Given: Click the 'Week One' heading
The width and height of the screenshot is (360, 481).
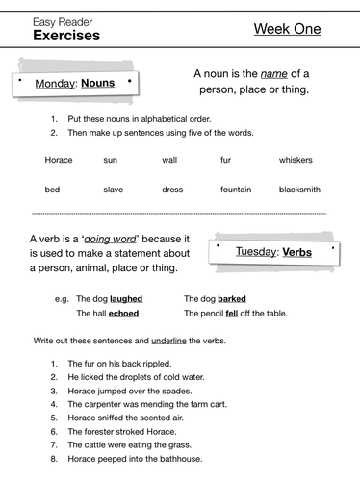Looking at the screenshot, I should (x=286, y=29).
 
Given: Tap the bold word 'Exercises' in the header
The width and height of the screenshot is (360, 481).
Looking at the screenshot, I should (x=65, y=36).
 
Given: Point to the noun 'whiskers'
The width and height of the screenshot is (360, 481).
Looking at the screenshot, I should (x=296, y=159).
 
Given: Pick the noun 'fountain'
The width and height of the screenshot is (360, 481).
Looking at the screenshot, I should (x=235, y=190).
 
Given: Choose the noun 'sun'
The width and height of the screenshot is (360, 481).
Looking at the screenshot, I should (x=110, y=159).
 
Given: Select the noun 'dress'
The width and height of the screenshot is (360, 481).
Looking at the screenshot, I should (x=172, y=190).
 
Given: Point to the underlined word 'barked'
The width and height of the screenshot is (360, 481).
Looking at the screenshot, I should (x=232, y=298).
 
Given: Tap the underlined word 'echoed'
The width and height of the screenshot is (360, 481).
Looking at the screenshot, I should (x=124, y=314).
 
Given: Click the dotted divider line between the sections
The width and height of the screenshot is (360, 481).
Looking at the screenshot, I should (x=179, y=213).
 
